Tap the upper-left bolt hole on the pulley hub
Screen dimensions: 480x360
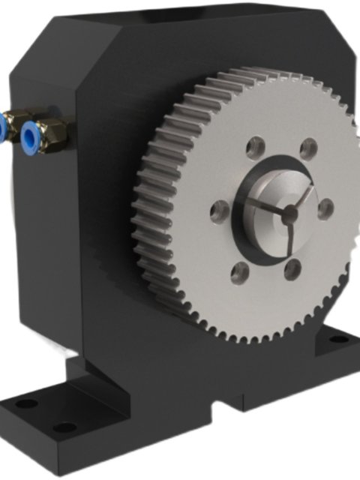tap(256, 143)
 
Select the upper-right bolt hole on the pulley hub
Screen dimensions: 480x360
tap(307, 149)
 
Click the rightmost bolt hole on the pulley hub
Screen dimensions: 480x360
tap(325, 208)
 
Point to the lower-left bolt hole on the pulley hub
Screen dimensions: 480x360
tap(238, 270)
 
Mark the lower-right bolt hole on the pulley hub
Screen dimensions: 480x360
tap(292, 268)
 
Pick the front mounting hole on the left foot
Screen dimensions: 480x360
tap(64, 427)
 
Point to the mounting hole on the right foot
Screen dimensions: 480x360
tap(339, 339)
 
